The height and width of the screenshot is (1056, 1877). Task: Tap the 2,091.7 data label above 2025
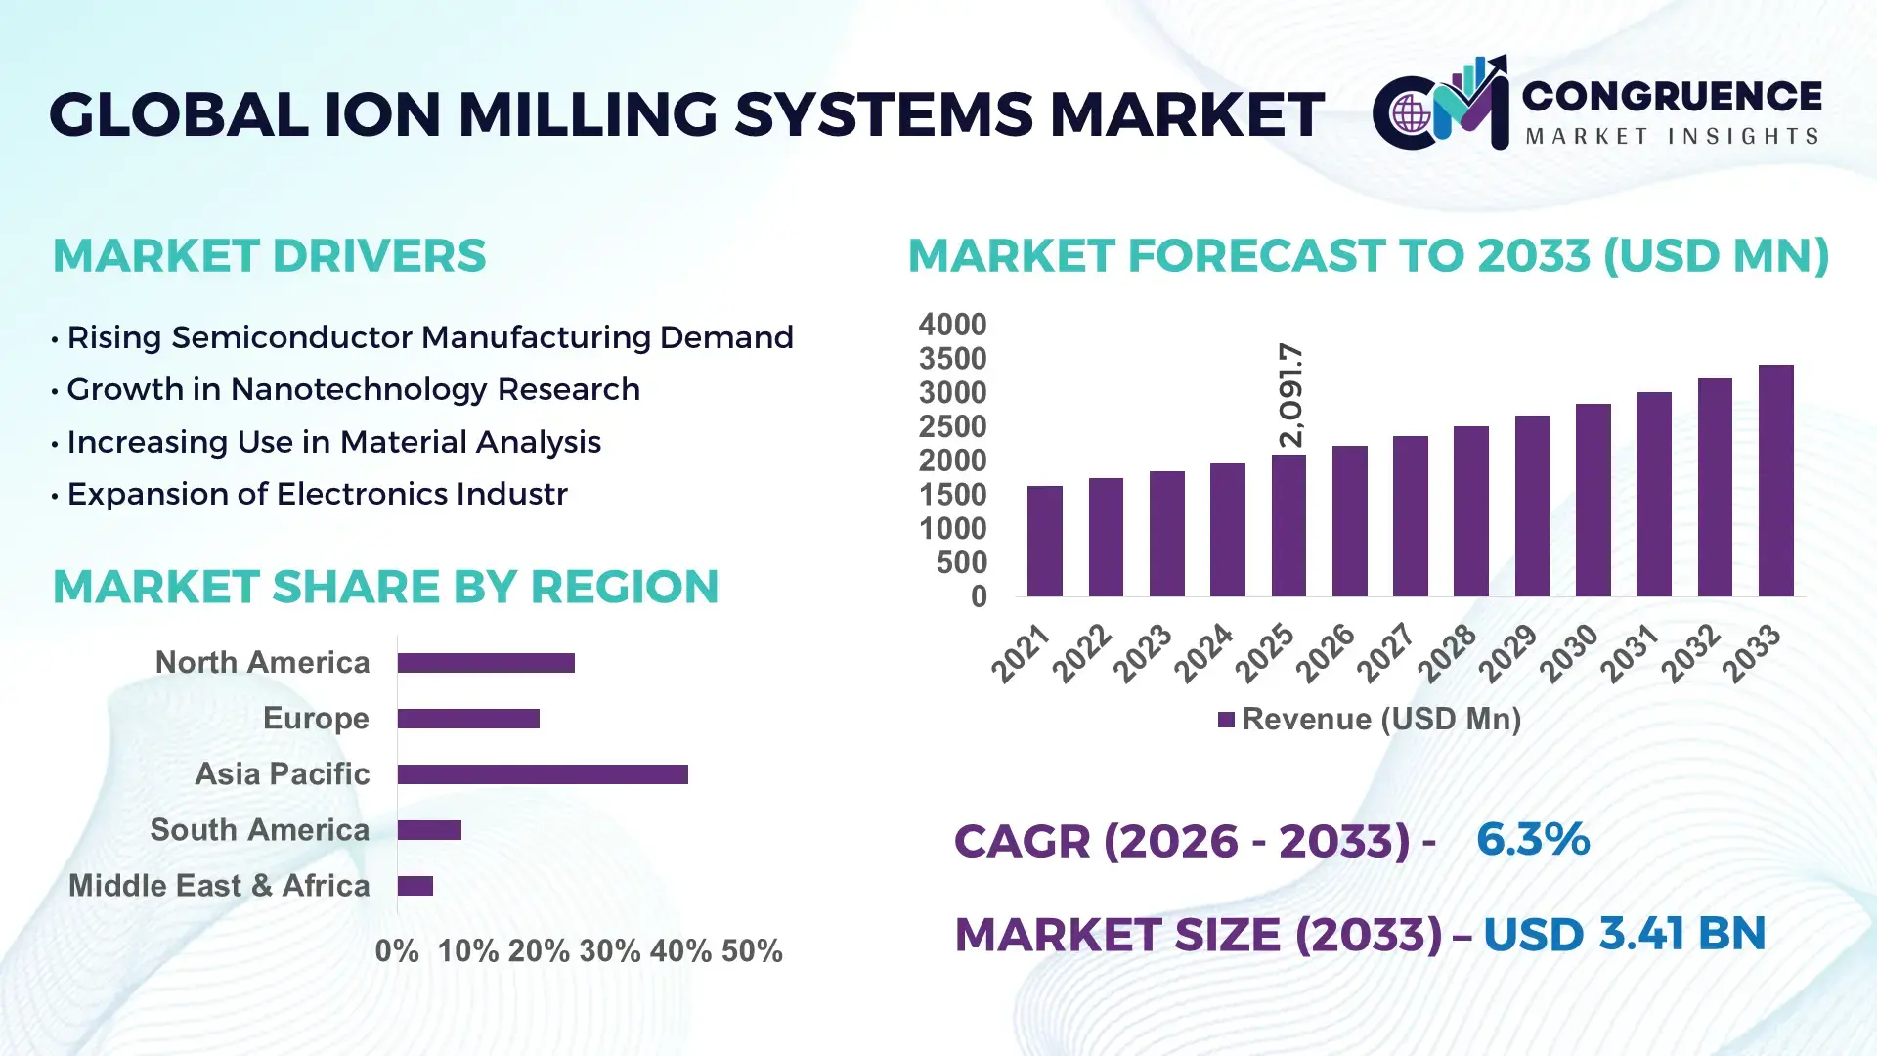1291,395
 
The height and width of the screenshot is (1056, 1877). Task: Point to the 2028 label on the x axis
1448,652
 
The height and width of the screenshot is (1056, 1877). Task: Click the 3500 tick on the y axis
952,359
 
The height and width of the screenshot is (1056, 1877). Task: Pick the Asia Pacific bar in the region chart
543,774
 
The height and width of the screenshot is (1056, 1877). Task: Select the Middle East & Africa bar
415,886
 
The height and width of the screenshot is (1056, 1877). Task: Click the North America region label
262,663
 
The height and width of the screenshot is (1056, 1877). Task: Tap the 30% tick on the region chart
609,950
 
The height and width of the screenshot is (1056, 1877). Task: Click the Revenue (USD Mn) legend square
1226,720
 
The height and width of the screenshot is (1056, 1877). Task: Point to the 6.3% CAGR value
1532,839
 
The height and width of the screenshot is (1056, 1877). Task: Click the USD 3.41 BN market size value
1624,934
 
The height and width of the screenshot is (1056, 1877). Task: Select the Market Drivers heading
269,256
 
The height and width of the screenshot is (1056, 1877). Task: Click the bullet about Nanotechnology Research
353,389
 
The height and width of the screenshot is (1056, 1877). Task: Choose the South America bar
429,830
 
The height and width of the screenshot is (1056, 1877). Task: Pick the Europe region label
316,719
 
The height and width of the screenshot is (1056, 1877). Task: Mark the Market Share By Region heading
385,587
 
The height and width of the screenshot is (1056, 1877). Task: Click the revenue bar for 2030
1593,501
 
